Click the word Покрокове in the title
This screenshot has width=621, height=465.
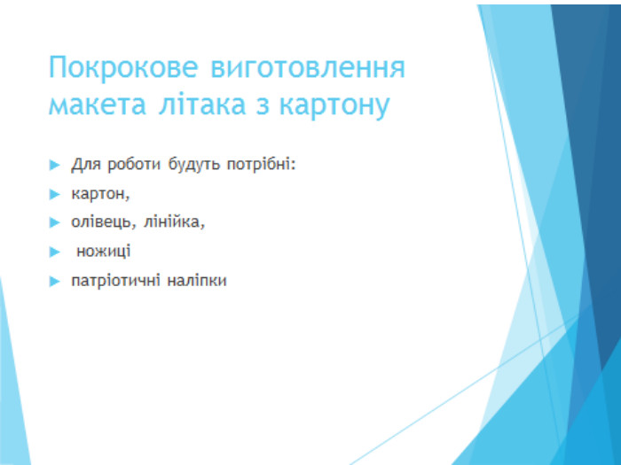click(123, 66)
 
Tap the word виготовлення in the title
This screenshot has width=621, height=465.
click(308, 67)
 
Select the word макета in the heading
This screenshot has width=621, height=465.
click(97, 105)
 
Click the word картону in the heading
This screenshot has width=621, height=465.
click(334, 106)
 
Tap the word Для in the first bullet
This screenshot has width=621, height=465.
click(86, 164)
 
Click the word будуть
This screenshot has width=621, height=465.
click(193, 164)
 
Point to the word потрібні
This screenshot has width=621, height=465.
click(259, 164)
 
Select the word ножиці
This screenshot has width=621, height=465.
click(104, 252)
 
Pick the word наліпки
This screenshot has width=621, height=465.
click(196, 281)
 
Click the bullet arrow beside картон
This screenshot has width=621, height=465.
click(54, 194)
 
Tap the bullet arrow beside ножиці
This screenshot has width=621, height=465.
click(54, 252)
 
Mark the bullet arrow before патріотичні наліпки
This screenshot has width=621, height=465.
click(54, 281)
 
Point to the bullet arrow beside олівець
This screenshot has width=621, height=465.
click(54, 222)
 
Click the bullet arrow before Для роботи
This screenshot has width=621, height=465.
click(54, 165)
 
